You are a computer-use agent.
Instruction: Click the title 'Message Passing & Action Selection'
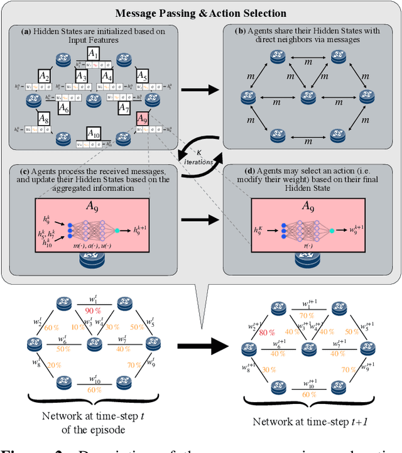click(201, 13)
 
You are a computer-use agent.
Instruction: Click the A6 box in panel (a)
click(64, 107)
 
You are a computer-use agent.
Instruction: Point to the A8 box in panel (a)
click(43, 117)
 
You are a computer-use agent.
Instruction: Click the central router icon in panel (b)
click(306, 97)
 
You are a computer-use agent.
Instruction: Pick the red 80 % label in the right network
click(249, 332)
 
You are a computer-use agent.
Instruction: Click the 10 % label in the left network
click(75, 327)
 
